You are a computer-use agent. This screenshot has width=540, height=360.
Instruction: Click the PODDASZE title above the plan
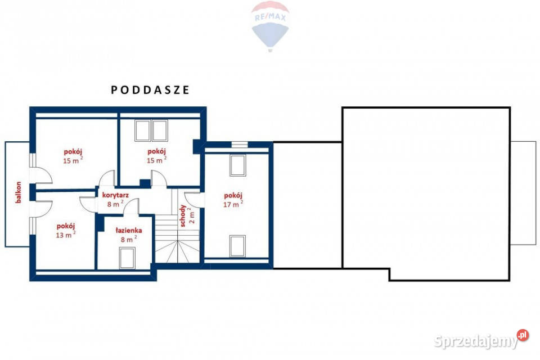coord(150,89)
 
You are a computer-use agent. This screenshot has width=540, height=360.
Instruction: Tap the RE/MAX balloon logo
coord(270,26)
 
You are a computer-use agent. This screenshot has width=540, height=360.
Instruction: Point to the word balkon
coord(19,192)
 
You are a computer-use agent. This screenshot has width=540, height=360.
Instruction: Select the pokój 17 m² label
coord(233,200)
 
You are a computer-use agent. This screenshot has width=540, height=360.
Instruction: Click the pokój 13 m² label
coord(66,230)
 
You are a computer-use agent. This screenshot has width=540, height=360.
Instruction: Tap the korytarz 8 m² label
coord(115,199)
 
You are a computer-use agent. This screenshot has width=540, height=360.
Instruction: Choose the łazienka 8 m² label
coord(128,234)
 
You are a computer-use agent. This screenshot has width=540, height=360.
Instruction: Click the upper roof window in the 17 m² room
coord(237,166)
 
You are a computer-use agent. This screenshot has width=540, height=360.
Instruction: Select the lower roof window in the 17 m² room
coord(237,246)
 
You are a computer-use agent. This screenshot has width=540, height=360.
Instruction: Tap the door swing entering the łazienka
coord(130,207)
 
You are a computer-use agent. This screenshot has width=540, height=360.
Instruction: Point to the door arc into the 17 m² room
coord(193,200)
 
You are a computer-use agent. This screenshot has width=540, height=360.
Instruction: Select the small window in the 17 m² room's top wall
coord(240,145)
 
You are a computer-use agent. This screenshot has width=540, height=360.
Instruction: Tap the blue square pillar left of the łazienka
coord(100,223)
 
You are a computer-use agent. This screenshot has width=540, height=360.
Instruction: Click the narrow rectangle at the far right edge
coord(523,193)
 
